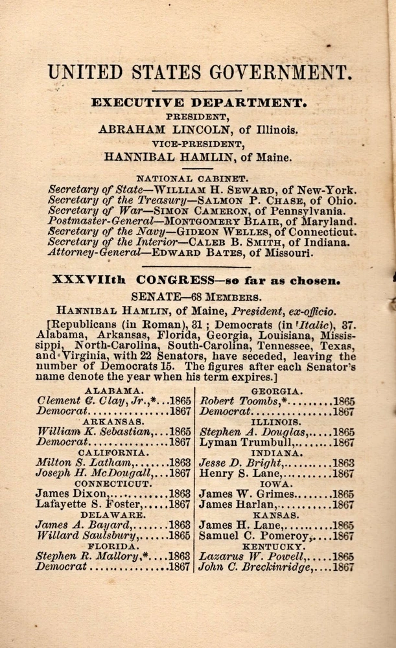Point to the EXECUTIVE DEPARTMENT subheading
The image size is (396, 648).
[x=199, y=102]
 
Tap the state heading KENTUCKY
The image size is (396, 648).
[x=278, y=546]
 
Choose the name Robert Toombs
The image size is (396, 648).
[x=237, y=400]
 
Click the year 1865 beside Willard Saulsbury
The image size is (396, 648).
[x=180, y=536]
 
